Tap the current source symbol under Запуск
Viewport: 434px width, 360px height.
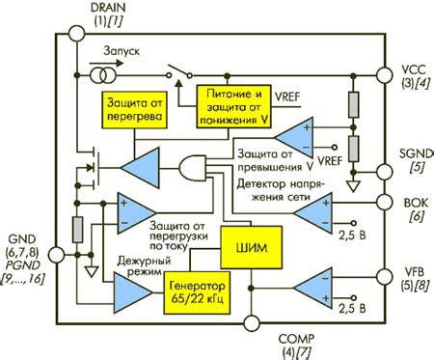98,75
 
